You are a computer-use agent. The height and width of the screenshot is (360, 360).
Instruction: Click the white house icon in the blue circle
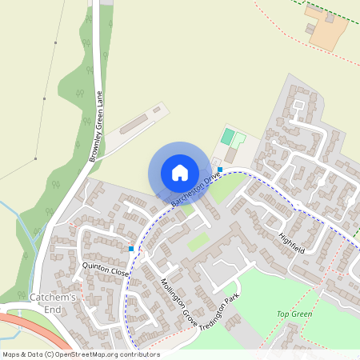click(179, 172)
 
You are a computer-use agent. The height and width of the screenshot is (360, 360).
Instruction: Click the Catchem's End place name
click(52, 303)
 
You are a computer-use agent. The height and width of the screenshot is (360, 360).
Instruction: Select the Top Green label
click(294, 314)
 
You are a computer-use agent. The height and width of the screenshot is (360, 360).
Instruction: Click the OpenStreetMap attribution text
click(80, 354)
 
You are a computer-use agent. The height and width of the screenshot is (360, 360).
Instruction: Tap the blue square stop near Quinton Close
click(131, 249)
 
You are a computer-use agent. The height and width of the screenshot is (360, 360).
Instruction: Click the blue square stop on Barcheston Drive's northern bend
click(219, 169)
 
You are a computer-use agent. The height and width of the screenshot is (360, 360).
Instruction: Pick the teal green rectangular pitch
click(228, 136)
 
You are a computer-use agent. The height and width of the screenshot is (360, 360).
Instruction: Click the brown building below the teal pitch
click(231, 154)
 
